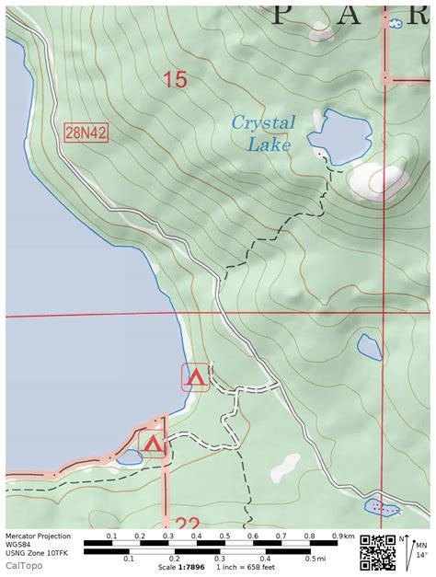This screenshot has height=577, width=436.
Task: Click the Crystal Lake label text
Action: point(263,133)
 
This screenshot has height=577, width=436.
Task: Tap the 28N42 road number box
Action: point(86,133)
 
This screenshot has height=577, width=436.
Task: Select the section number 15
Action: point(175,80)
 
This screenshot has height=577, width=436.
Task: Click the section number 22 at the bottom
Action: point(187,522)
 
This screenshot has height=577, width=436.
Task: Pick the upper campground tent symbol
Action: point(194,376)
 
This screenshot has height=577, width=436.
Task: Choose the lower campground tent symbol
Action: point(152,445)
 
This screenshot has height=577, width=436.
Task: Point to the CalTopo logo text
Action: point(27,565)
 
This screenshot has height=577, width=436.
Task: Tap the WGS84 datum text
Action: point(19,544)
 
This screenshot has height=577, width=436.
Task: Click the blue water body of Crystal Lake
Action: point(337,133)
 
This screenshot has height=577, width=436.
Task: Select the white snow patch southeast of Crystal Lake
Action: point(378,180)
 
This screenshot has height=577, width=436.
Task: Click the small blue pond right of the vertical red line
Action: point(369,347)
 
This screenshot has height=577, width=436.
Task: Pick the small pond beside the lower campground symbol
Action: point(125,456)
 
